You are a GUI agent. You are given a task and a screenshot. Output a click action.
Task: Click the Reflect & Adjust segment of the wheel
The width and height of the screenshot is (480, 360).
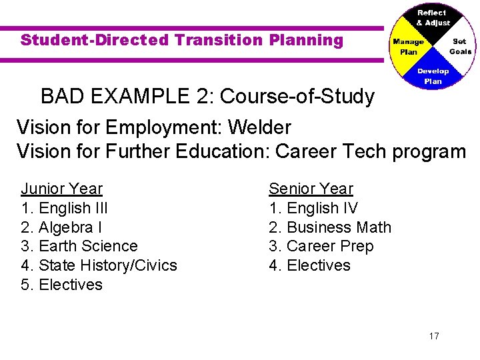pos(432,18)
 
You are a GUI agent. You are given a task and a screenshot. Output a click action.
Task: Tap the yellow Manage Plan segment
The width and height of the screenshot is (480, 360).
pos(408,47)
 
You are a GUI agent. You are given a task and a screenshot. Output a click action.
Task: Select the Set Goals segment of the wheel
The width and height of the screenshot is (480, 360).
pos(459,46)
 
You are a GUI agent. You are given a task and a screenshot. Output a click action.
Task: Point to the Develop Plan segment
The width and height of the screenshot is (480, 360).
pos(433,75)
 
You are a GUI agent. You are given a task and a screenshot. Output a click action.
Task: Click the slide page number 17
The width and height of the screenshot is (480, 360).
pos(434,336)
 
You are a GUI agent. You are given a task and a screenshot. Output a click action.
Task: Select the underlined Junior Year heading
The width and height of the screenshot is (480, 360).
pos(62,189)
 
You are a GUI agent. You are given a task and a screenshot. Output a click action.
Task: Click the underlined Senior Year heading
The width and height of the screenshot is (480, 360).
pos(311,189)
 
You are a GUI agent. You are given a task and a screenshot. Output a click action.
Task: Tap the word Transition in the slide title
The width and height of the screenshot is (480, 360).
pos(219,40)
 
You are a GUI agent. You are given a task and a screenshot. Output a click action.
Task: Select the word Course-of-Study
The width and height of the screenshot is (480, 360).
pos(297,97)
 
